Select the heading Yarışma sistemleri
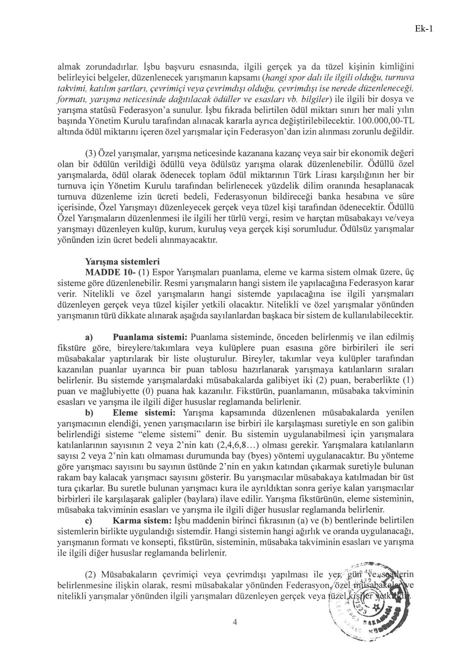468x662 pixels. click(x=122, y=262)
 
